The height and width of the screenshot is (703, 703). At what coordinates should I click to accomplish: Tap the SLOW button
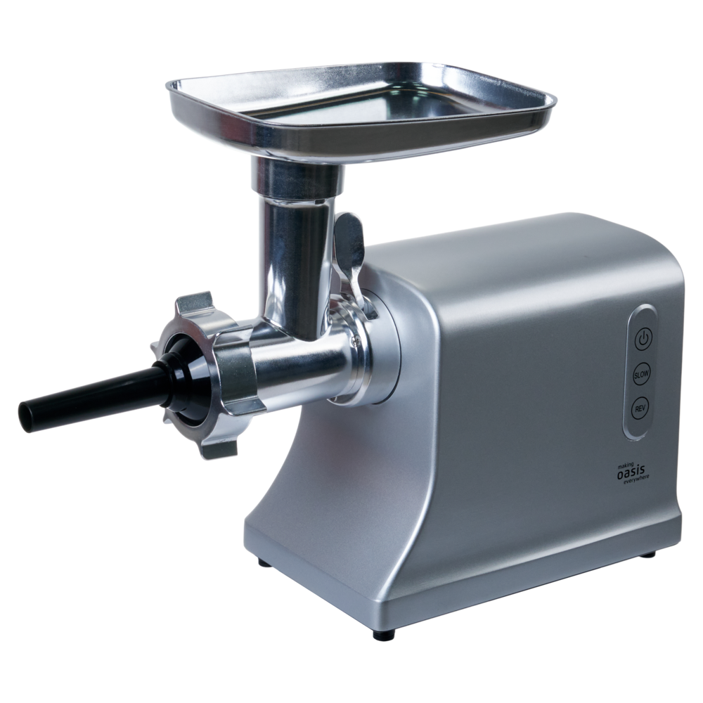pos(642,374)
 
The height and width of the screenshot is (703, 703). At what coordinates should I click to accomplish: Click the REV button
pos(640,408)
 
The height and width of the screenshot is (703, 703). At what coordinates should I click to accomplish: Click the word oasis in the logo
pos(631,472)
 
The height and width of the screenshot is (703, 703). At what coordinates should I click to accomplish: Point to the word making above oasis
pos(626,464)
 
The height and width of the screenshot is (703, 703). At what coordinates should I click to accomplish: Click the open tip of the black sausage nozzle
pos(26,417)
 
